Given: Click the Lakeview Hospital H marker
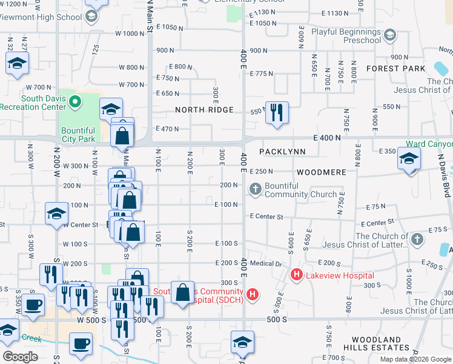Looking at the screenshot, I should point(297,275).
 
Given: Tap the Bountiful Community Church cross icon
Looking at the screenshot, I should point(256,190).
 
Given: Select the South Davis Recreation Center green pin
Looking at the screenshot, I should point(75,101).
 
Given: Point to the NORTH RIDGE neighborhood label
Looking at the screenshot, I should point(204,110).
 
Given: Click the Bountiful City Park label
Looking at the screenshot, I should point(78,135).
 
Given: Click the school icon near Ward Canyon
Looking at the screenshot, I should point(409,160).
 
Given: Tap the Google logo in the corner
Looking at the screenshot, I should point(20,357).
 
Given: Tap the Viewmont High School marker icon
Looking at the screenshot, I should point(92,16).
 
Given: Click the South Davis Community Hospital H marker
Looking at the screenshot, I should point(253,295).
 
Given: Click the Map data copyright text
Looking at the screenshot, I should point(415,359).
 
